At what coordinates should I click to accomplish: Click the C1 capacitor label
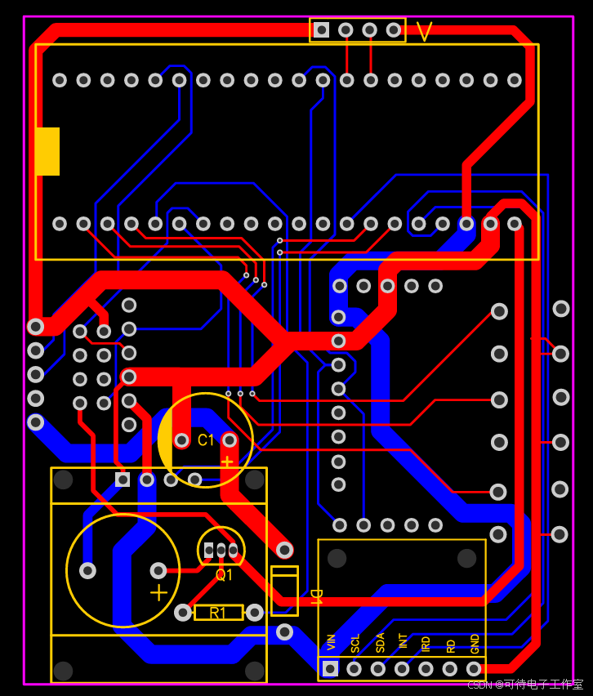[205, 440]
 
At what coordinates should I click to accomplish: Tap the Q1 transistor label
[224, 574]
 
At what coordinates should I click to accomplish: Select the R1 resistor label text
[218, 613]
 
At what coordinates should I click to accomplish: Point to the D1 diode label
[315, 596]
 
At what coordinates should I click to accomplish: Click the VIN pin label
[331, 642]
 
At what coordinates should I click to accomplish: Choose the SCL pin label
[355, 642]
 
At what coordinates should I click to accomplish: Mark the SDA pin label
[380, 642]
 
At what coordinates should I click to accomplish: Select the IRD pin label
[426, 643]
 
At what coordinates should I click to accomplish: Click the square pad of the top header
[322, 30]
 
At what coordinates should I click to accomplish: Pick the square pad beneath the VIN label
[330, 669]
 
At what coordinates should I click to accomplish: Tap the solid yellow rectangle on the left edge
[47, 151]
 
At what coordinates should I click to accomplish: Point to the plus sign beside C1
[227, 462]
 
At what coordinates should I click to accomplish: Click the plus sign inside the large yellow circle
[159, 591]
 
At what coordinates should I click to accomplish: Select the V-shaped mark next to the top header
[424, 31]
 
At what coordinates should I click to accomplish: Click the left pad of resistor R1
[183, 612]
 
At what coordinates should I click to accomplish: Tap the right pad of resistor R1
[255, 612]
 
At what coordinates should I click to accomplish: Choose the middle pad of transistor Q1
[221, 551]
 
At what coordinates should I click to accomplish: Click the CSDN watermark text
[525, 685]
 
